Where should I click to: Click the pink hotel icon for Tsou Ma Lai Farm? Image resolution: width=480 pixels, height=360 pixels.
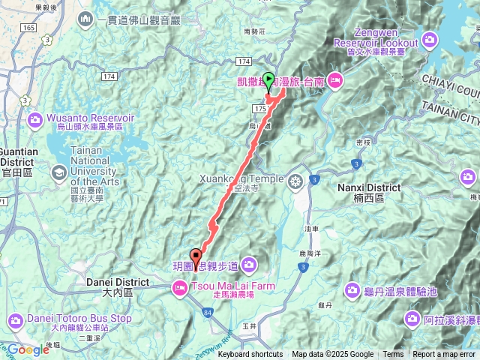pyautogui.click(x=180, y=286)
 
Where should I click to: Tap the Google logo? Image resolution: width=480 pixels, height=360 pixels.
pyautogui.click(x=28, y=349)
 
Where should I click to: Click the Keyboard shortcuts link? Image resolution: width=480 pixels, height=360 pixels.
pyautogui.click(x=250, y=355)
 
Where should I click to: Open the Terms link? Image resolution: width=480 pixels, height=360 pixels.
pyautogui.click(x=393, y=355)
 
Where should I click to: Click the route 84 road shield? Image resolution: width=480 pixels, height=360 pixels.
pyautogui.click(x=207, y=309)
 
